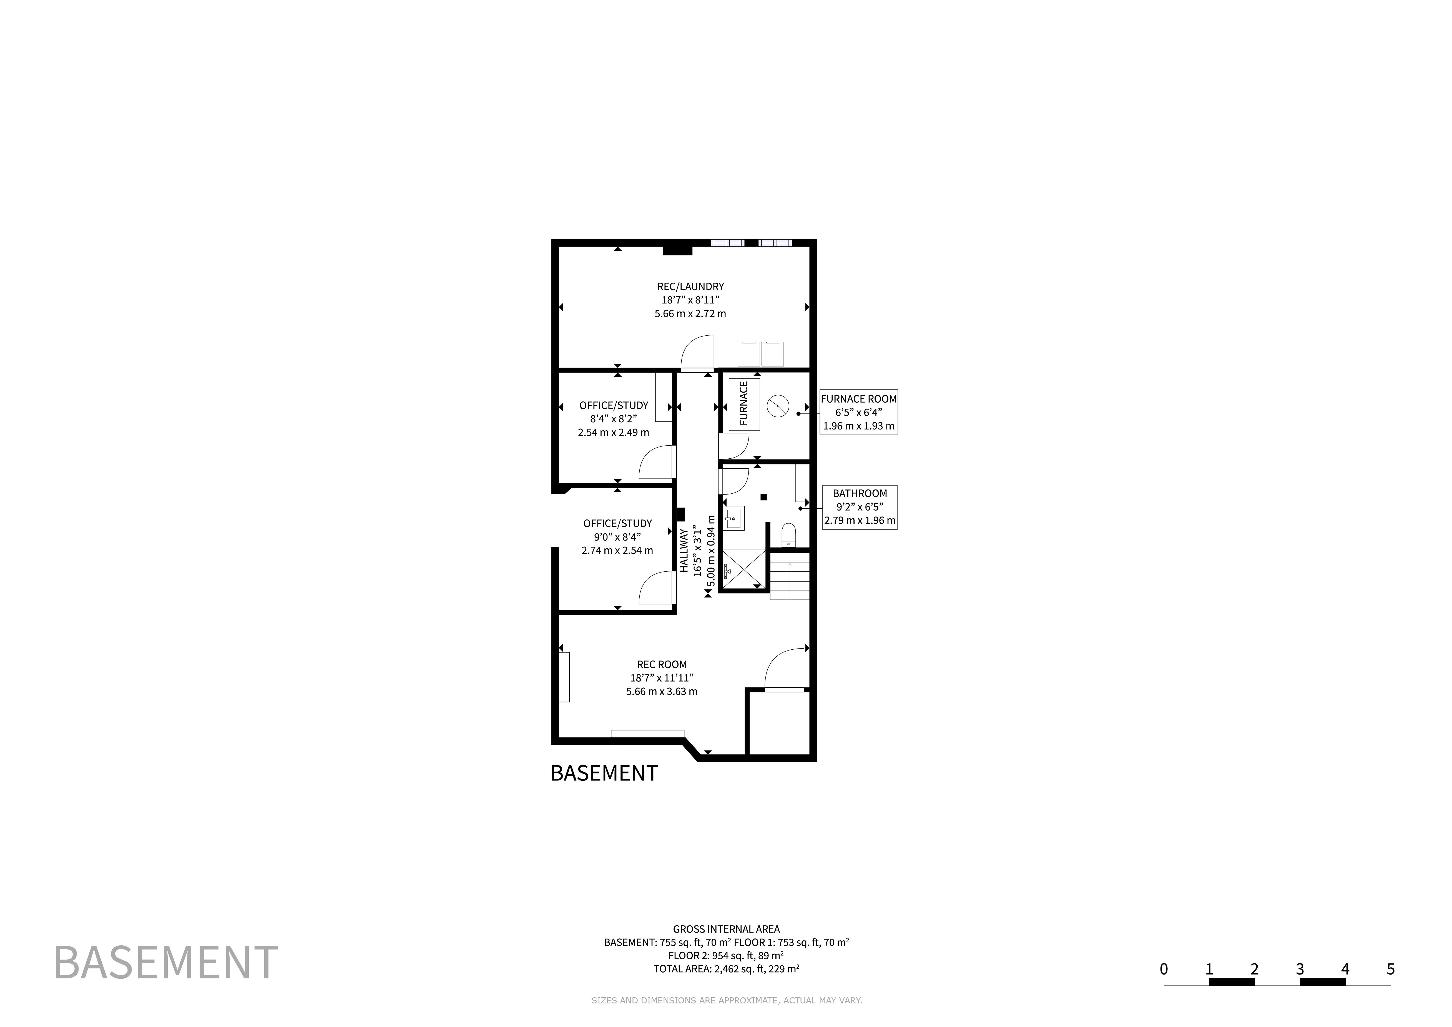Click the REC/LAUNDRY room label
click(x=690, y=287)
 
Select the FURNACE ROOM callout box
click(x=858, y=412)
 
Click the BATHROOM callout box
click(x=860, y=507)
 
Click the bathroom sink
click(x=734, y=519)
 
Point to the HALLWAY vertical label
click(x=684, y=550)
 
